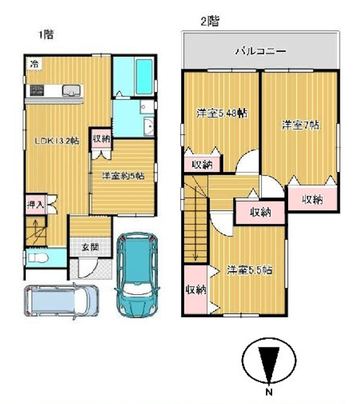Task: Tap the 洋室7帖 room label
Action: (300, 125)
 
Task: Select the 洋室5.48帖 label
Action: (222, 113)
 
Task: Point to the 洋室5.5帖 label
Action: (250, 270)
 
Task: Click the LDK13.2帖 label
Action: (57, 141)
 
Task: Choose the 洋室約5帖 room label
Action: (123, 176)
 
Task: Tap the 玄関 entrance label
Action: (90, 247)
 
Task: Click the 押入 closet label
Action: (36, 205)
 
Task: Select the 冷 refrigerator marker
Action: (35, 63)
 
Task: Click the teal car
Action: (138, 274)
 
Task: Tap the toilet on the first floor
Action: (38, 258)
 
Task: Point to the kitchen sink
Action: (71, 91)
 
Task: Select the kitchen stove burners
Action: (37, 91)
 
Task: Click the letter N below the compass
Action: (269, 392)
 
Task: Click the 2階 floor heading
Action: (210, 22)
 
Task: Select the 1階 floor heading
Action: (46, 35)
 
